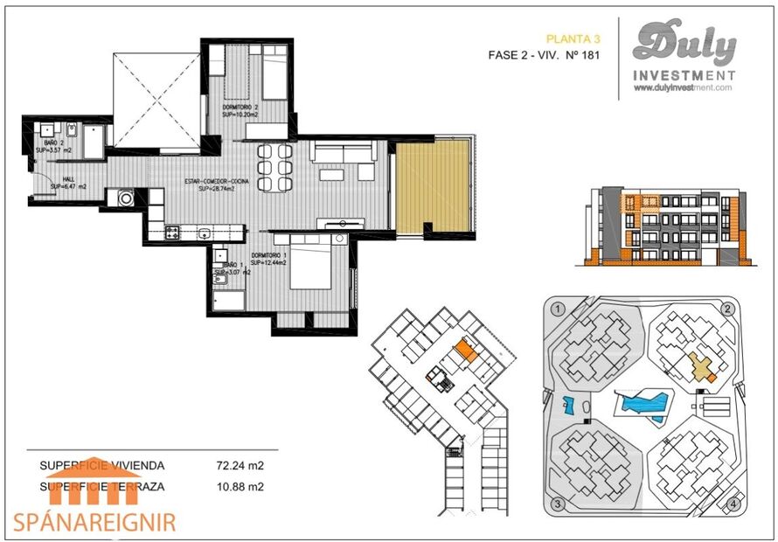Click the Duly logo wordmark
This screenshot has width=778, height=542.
click(x=684, y=45)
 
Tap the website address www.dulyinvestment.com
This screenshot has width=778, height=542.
click(x=683, y=87)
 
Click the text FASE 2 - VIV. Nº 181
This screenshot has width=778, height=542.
click(x=544, y=56)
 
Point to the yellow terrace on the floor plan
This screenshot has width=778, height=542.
click(x=433, y=186)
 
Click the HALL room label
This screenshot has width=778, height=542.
click(x=57, y=180)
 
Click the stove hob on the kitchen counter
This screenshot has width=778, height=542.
click(x=172, y=233)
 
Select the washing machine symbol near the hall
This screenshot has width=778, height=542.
click(x=126, y=198)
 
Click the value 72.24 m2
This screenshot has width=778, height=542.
click(x=240, y=466)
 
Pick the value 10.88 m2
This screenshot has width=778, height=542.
click(x=240, y=487)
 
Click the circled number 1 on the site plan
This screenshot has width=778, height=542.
click(x=557, y=309)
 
